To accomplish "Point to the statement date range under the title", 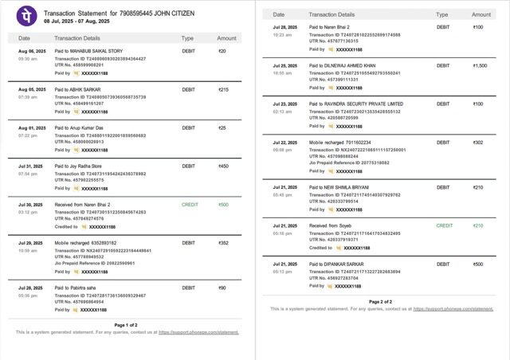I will tap(76, 21).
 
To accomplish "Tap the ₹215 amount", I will tap(223, 89).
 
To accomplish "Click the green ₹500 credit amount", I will tap(223, 205).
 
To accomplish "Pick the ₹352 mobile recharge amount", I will tap(223, 243).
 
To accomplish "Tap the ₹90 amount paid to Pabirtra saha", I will tap(222, 288).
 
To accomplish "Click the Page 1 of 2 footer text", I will tap(126, 325).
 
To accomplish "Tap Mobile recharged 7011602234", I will tap(340, 143).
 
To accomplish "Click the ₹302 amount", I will tap(478, 143).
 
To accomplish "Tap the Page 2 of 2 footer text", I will tap(381, 302).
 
